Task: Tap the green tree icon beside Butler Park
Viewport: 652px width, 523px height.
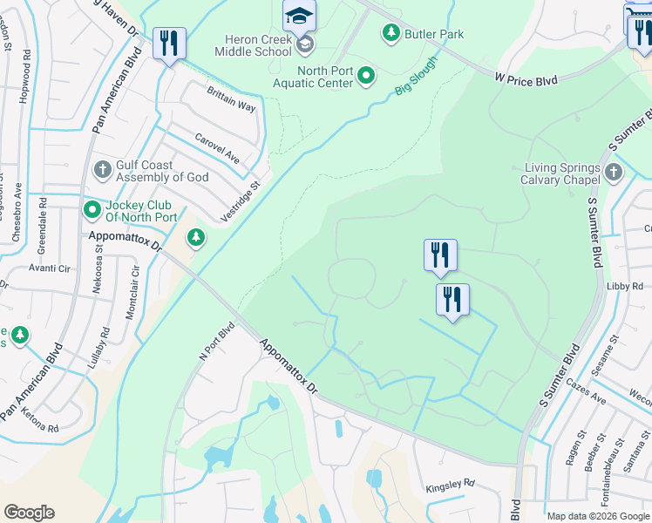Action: click(x=391, y=33)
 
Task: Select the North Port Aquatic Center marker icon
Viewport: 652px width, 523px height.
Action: click(x=367, y=77)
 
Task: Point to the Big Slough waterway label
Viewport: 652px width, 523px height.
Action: click(x=416, y=75)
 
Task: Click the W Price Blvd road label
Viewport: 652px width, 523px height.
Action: click(x=526, y=79)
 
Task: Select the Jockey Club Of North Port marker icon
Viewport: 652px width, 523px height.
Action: click(x=92, y=210)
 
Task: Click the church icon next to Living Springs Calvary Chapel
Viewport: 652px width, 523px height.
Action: click(x=614, y=172)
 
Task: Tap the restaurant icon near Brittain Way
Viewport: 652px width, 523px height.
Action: click(x=169, y=44)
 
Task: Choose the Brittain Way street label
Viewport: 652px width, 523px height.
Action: click(x=231, y=99)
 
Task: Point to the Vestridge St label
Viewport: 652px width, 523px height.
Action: click(x=241, y=202)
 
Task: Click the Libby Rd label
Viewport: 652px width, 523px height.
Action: click(x=625, y=286)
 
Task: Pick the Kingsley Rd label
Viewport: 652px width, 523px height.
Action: click(x=450, y=483)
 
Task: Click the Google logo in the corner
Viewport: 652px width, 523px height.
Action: click(x=29, y=513)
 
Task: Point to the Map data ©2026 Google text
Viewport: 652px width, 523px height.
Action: click(x=598, y=516)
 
